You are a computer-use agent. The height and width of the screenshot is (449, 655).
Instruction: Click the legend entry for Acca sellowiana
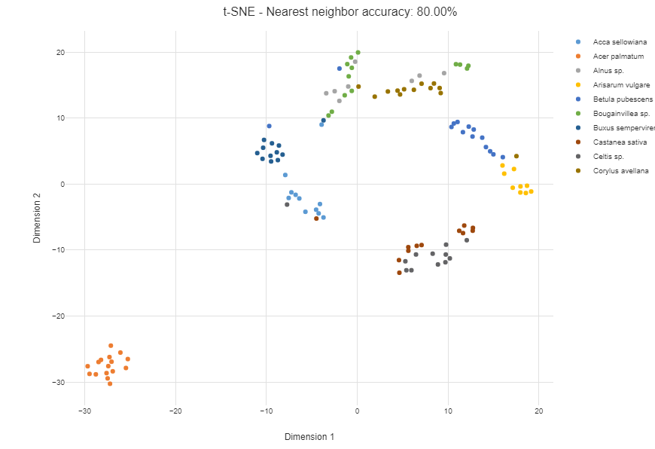click(x=620, y=42)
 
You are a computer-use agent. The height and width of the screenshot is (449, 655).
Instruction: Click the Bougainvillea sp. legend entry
click(x=622, y=114)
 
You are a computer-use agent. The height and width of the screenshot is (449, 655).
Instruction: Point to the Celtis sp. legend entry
click(x=609, y=157)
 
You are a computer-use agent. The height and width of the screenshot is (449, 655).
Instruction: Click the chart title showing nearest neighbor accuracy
click(x=340, y=12)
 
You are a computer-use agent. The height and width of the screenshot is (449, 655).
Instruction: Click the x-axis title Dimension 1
click(x=309, y=437)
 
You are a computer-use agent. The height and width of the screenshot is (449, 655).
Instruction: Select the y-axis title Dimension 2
click(x=37, y=218)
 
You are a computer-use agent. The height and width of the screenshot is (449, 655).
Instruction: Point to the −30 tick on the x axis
click(x=85, y=411)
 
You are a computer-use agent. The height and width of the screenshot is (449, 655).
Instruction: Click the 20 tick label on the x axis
click(x=539, y=411)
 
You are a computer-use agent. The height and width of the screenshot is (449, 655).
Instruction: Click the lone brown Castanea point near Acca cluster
click(x=316, y=218)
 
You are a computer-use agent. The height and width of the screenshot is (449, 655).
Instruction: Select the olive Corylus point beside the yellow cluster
click(x=516, y=157)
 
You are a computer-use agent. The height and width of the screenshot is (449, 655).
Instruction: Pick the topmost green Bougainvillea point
click(x=358, y=53)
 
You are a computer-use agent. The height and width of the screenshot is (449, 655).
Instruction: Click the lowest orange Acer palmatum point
click(x=110, y=383)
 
